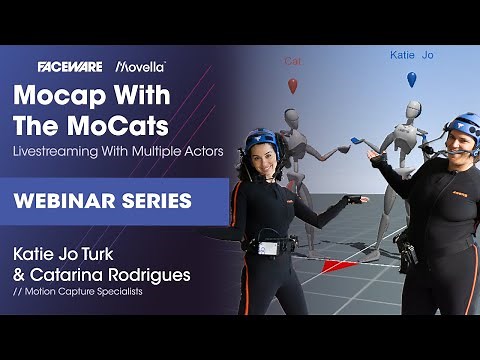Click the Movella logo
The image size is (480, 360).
point(141,66)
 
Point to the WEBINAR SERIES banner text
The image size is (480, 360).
point(102,200)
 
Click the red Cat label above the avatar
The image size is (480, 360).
point(292,62)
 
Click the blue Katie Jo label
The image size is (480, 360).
point(411,56)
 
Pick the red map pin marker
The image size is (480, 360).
point(293,86)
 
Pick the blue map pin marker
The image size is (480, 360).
point(411,79)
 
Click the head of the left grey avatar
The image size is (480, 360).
point(291,120)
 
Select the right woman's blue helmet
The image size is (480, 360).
point(463,126)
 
